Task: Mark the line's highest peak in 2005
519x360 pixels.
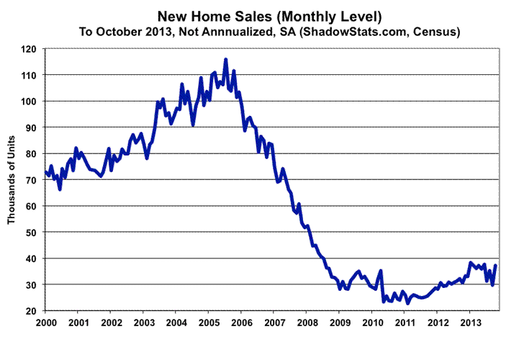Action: tap(226, 60)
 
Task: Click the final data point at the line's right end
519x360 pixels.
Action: tap(496, 266)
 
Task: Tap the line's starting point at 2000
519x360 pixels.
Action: tap(45, 171)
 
